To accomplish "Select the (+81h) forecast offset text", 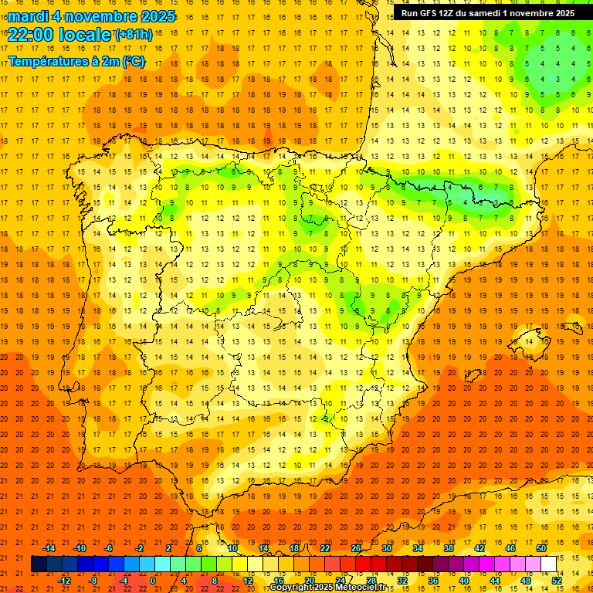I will tap(134, 35).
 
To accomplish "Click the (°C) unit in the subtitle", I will tap(133, 61).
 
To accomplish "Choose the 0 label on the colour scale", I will tap(153, 581).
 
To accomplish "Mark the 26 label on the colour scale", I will tap(356, 548).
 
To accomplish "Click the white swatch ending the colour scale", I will tap(548, 564).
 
